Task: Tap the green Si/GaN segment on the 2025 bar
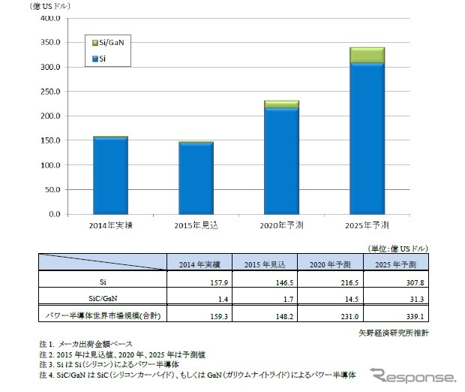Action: click(x=367, y=56)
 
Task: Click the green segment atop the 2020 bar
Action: click(x=281, y=104)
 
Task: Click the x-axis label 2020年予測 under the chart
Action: click(x=281, y=225)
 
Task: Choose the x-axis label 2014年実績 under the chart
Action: click(x=110, y=225)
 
